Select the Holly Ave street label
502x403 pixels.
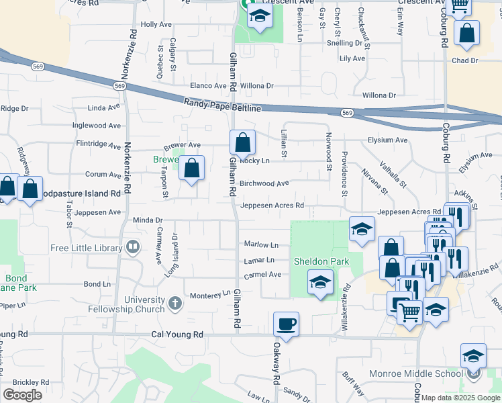(x=156, y=24)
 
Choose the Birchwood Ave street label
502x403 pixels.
(x=264, y=183)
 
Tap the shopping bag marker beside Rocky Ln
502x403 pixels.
(x=242, y=142)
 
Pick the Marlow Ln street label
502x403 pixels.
(x=261, y=245)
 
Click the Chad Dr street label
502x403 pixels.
(x=464, y=60)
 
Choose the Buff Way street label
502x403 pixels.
(x=353, y=384)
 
